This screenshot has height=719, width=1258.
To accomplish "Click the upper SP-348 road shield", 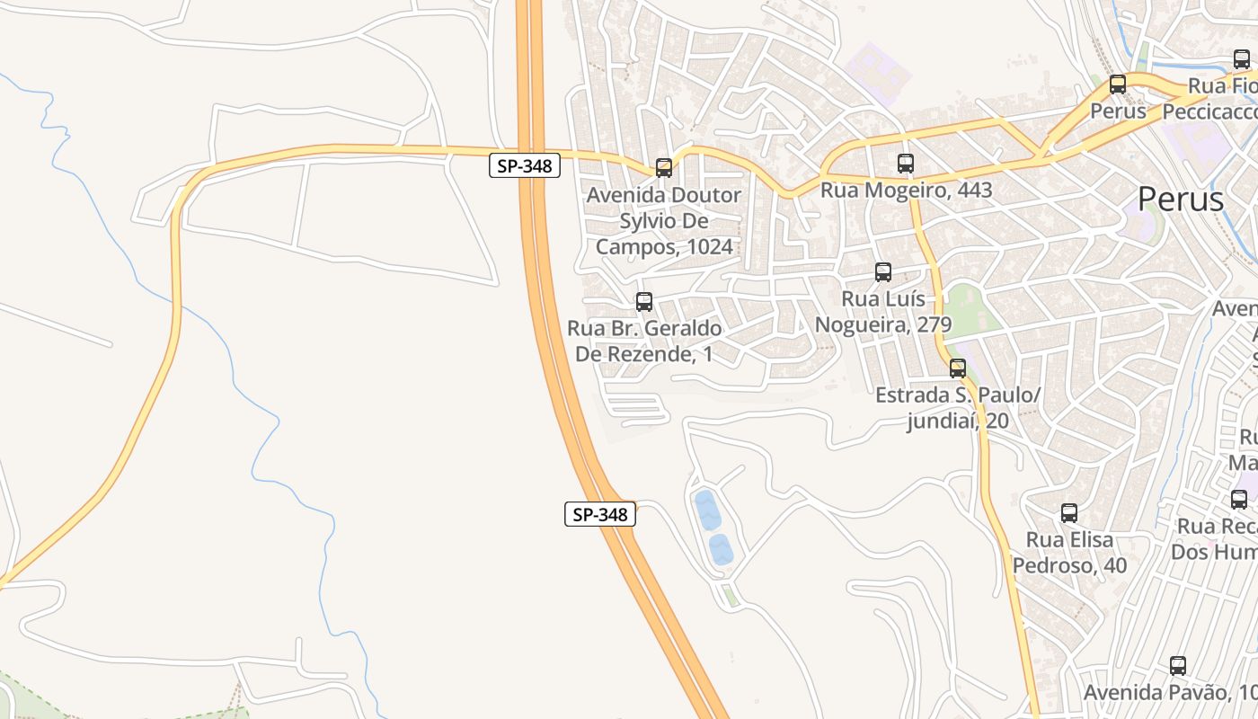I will click(525, 165).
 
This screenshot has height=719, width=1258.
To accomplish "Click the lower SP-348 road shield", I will click(600, 514).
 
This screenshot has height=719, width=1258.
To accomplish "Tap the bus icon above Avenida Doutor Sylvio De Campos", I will click(664, 167).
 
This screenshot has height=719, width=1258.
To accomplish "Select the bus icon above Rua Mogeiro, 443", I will click(906, 164).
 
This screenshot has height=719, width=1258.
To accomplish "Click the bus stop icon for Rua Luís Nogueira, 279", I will click(883, 272).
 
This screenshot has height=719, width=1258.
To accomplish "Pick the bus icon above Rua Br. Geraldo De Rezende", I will click(644, 302).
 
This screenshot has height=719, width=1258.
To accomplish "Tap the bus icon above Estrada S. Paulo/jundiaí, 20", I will click(958, 368).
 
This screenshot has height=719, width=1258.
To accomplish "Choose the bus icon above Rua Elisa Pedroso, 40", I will click(1069, 513).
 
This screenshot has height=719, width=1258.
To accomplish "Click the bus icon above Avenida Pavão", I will click(1178, 666).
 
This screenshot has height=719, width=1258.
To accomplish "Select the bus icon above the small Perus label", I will click(1118, 84).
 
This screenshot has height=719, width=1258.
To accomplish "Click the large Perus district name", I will click(1180, 199).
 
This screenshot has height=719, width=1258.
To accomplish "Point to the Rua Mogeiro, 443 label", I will click(906, 190).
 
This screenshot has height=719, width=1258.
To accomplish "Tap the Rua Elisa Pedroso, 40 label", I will click(1069, 553).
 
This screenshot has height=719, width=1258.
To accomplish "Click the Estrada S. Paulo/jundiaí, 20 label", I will click(958, 408).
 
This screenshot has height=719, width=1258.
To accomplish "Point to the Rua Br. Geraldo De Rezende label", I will click(644, 342).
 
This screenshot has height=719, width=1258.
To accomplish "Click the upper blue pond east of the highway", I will click(707, 510).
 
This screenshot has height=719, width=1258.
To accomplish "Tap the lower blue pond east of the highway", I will click(721, 549).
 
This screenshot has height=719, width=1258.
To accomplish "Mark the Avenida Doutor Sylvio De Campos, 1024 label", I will click(664, 221).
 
